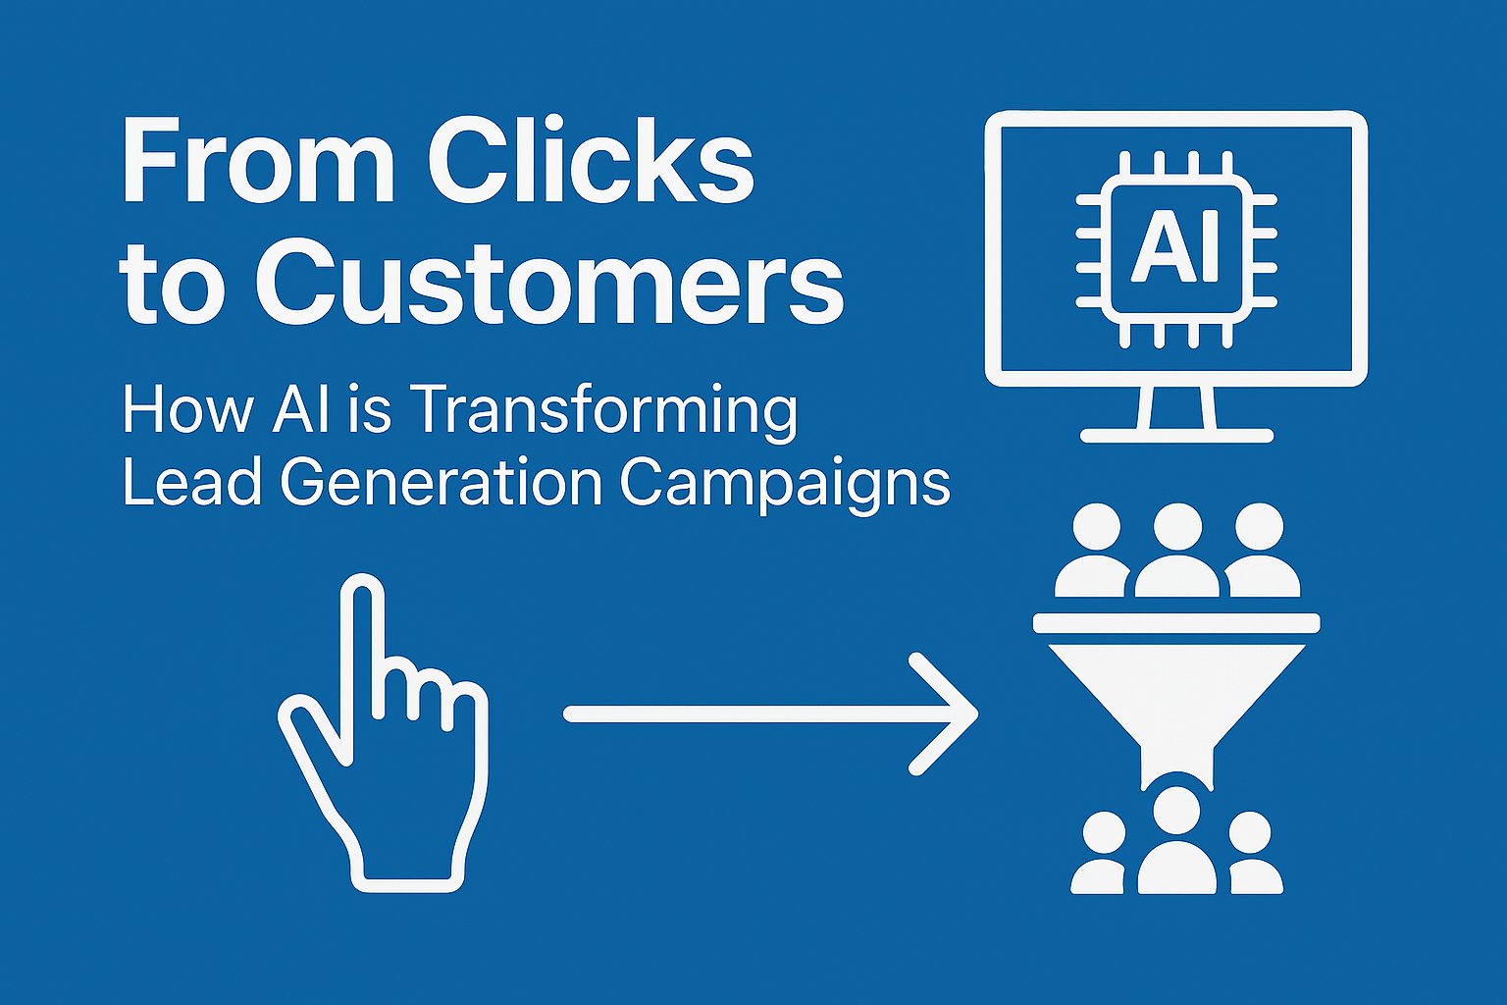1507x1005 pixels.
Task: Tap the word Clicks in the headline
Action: [591, 162]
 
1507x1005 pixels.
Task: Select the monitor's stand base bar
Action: [1176, 436]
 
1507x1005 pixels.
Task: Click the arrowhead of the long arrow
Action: [949, 714]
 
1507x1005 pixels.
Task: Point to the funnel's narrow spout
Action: [1176, 767]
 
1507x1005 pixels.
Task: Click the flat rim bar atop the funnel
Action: [1176, 623]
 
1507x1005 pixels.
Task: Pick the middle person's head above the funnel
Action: [1177, 526]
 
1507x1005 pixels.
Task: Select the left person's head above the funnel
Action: [1097, 526]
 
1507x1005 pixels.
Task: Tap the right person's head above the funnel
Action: [1259, 526]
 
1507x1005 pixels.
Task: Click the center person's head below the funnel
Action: [1176, 811]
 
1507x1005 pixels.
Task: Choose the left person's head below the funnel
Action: [1104, 832]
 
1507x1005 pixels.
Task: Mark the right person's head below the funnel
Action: [1249, 832]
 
